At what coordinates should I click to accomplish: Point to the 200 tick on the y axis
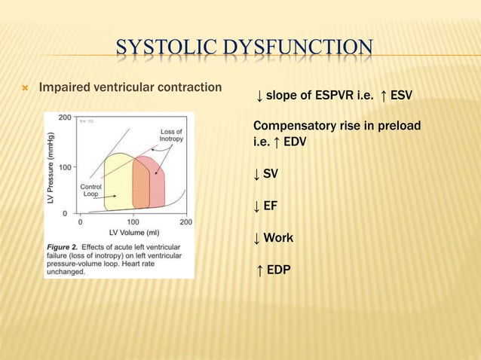[66, 118]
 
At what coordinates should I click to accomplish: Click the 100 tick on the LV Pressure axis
[66, 166]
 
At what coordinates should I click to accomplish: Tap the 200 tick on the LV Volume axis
[185, 223]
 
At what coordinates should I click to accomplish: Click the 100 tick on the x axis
[133, 223]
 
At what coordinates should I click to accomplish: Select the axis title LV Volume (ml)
[133, 233]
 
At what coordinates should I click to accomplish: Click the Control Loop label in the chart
[90, 191]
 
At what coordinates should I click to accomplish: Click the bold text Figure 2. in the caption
[67, 246]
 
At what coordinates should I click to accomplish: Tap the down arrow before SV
[257, 174]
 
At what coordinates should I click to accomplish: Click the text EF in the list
[271, 206]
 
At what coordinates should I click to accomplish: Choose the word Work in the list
[278, 238]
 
